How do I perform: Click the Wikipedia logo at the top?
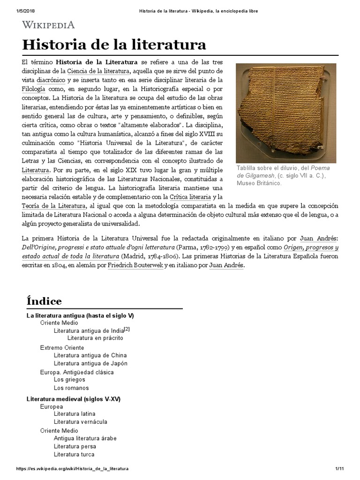[x=48, y=25]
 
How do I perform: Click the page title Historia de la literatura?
[x=114, y=45]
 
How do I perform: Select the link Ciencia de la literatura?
[x=98, y=71]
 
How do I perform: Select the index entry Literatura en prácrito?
[x=95, y=337]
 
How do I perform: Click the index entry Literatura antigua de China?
[x=90, y=355]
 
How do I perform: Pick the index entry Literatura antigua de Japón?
[x=90, y=363]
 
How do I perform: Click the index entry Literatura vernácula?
[x=80, y=422]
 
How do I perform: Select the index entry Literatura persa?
[x=75, y=447]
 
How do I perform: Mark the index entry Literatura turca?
[x=74, y=454]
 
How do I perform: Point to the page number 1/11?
[x=340, y=469]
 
